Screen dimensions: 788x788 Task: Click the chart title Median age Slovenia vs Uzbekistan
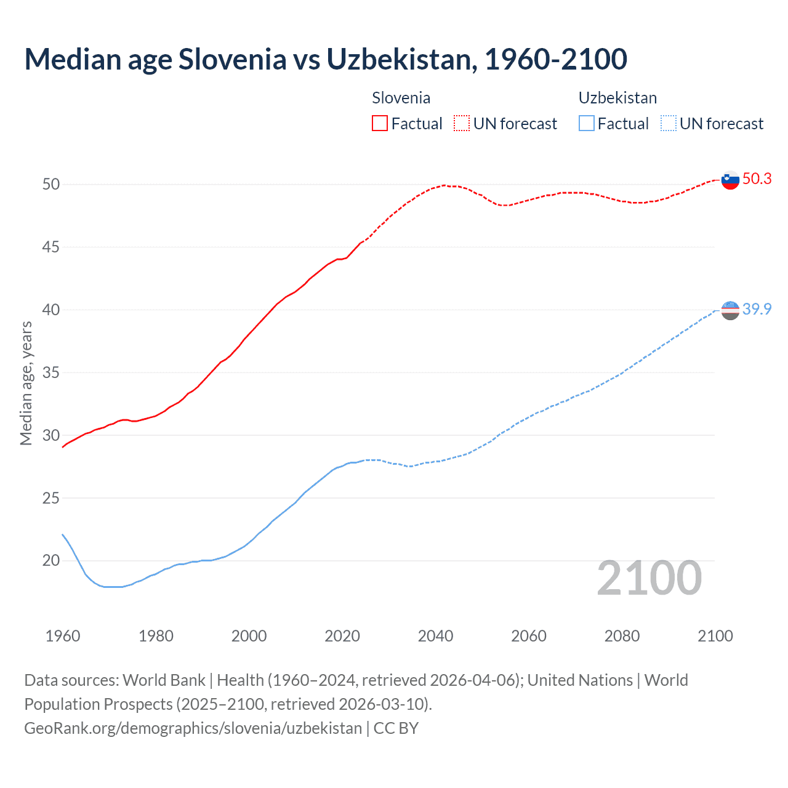coord(325,59)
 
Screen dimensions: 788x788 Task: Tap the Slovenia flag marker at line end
coord(730,180)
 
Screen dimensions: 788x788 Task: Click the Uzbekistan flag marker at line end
coord(730,310)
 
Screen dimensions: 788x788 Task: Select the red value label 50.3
coord(757,179)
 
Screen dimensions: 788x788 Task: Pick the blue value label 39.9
coord(757,309)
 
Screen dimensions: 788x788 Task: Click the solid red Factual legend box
coord(380,123)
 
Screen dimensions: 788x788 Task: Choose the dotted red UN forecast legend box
coord(462,123)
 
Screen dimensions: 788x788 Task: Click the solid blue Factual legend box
coord(587,123)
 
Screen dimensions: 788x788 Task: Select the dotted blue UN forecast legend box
coord(668,123)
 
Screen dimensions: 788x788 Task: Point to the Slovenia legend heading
coord(401,98)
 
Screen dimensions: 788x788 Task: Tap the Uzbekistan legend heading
coord(617,98)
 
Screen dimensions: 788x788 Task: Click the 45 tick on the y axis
coord(51,247)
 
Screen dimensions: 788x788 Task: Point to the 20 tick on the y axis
coord(51,560)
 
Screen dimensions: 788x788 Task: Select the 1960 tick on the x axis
coord(63,636)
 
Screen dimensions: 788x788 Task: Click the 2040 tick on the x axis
coord(435,636)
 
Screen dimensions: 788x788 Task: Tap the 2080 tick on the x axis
coord(622,636)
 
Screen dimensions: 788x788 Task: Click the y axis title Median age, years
coord(26,383)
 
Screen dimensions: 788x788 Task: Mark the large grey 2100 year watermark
coord(649,577)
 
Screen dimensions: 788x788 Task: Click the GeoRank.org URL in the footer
coord(193,728)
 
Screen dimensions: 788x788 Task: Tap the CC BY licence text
coord(396,728)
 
